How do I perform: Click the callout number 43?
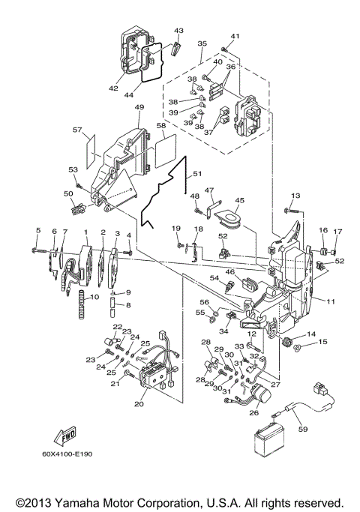[178, 31]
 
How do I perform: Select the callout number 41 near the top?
[235, 37]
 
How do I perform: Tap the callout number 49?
[139, 107]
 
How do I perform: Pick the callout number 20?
[139, 404]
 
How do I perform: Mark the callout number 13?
[295, 196]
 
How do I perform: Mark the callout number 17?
[337, 231]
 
